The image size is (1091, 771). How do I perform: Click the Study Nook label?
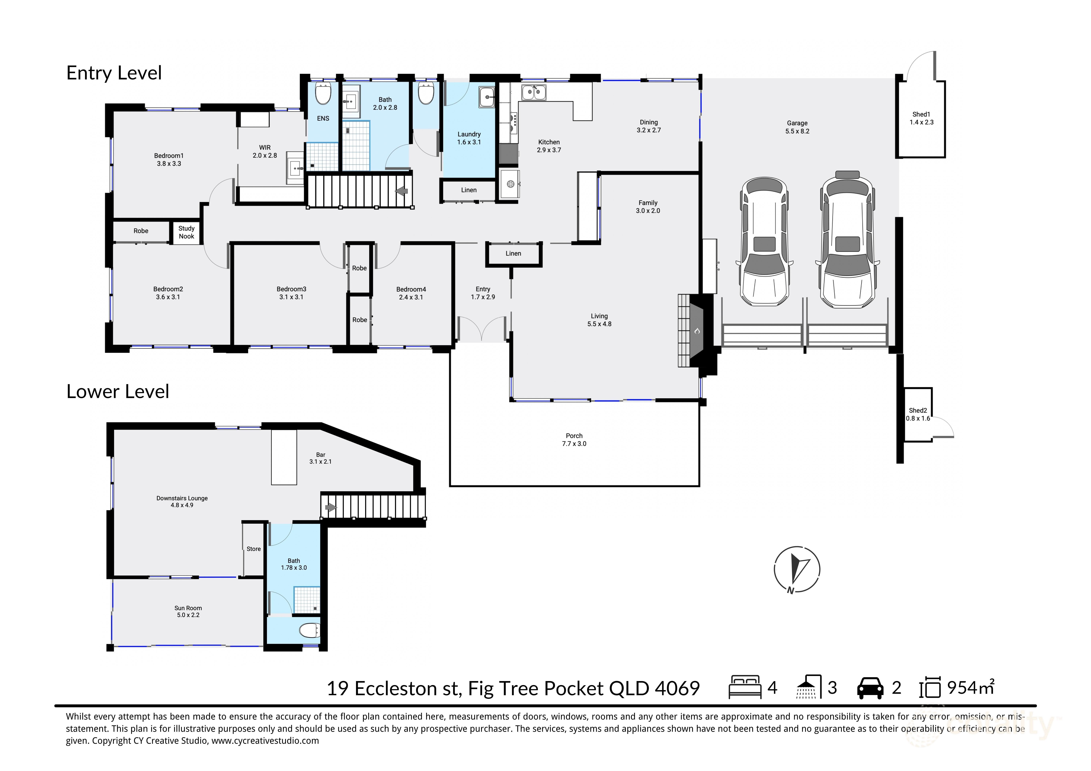click(x=186, y=232)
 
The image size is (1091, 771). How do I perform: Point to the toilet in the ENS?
click(x=323, y=94)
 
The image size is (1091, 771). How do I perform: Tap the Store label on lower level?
click(x=253, y=549)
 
